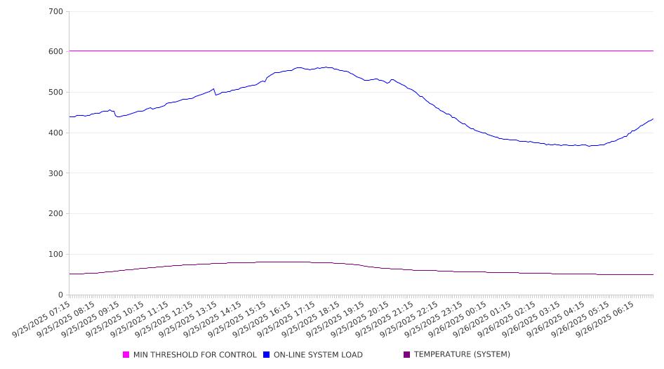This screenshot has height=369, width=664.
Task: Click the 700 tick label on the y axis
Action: point(56,12)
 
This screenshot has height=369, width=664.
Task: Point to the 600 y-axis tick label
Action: point(56,52)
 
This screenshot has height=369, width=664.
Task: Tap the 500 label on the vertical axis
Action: point(56,93)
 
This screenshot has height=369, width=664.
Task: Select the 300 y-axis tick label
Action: point(56,173)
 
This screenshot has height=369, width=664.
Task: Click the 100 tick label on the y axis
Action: point(56,255)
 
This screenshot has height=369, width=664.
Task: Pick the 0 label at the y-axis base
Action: point(61,295)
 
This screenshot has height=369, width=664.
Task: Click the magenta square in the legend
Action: point(126,355)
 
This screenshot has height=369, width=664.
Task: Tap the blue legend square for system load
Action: point(267,355)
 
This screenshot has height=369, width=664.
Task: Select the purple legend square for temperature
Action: point(407,355)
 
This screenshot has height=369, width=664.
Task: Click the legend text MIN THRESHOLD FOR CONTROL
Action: point(194,355)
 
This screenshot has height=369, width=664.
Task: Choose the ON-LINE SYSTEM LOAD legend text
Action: point(317,355)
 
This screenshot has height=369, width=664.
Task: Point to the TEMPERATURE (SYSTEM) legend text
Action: point(462,355)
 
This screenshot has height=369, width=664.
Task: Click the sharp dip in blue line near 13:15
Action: point(215,95)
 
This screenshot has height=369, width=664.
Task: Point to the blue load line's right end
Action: point(653,119)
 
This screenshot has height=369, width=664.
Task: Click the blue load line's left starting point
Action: point(69,116)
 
